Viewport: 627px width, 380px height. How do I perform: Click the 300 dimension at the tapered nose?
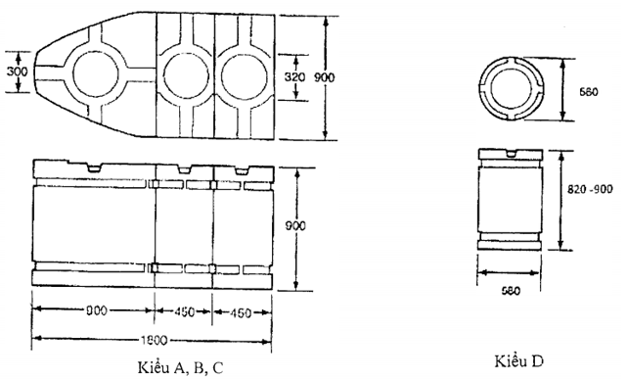[x=15, y=71]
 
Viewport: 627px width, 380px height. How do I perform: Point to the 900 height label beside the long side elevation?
[x=294, y=225]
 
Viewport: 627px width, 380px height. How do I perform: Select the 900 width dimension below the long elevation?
[x=95, y=311]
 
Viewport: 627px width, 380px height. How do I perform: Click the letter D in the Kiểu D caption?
[x=538, y=361]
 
